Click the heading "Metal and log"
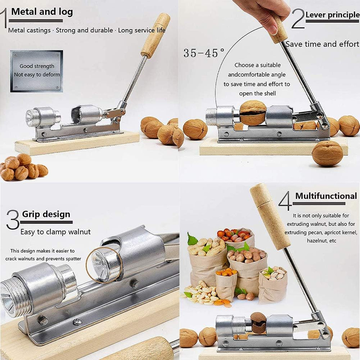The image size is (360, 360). tap(42, 12)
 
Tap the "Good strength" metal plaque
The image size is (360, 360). tap(36, 71)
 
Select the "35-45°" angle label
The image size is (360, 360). tap(204, 53)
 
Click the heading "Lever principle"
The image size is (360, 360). tap(332, 15)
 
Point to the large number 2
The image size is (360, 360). tap(298, 19)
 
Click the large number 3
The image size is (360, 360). tap(13, 220)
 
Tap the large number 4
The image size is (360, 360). tap(285, 201)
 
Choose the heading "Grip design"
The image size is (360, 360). tap(46, 214)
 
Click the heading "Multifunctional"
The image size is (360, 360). tap(326, 196)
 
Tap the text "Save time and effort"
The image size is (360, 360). tap(322, 44)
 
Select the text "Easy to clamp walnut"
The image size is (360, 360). tap(55, 232)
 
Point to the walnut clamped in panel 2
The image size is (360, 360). tap(253, 113)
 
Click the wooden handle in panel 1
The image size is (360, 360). tap(155, 35)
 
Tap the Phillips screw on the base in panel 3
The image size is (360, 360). tap(77, 321)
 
